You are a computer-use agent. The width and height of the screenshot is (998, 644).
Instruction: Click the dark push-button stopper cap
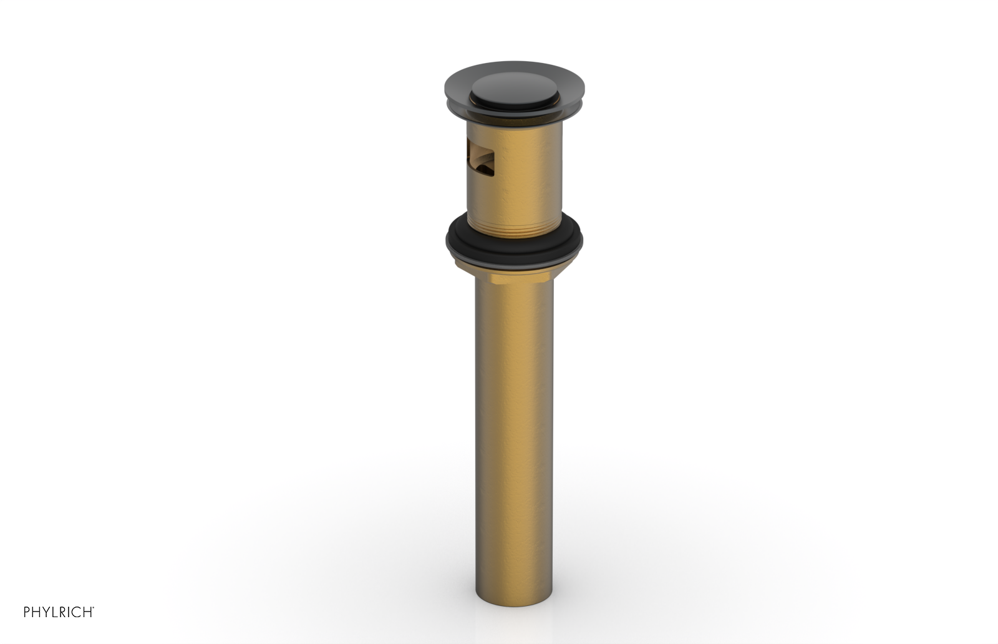(513, 91)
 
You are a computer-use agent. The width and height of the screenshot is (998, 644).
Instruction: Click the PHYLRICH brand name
(58, 612)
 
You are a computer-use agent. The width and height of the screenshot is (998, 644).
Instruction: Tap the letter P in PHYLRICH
(27, 612)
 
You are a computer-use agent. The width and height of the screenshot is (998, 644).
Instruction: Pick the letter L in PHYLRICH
(54, 612)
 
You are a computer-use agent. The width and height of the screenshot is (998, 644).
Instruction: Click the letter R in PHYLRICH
(62, 612)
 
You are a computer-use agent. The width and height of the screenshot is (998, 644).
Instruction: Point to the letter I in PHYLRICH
(69, 612)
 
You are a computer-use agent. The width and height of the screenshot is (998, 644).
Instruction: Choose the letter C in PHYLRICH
(75, 612)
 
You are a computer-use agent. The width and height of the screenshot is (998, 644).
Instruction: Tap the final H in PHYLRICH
(87, 612)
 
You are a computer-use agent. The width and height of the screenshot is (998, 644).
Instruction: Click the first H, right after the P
(36, 612)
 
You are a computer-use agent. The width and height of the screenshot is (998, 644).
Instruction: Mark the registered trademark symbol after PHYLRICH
(93, 608)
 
